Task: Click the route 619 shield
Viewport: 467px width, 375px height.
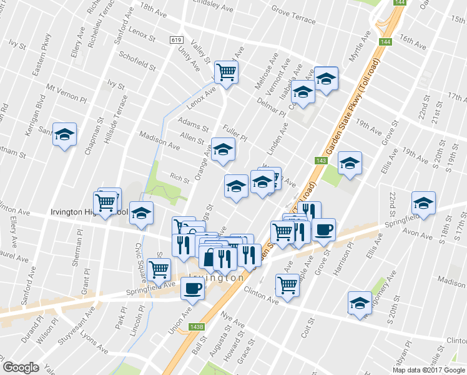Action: point(175,39)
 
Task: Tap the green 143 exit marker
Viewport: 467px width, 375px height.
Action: point(321,161)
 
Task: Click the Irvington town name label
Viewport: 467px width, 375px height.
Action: point(216,277)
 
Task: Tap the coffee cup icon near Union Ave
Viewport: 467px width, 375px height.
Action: point(192,289)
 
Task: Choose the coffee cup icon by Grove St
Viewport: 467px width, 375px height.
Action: point(323,229)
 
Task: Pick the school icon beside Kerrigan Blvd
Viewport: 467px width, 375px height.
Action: point(64,134)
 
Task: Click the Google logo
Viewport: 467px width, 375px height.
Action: point(21,367)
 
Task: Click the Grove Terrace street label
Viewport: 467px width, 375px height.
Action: point(293,14)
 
